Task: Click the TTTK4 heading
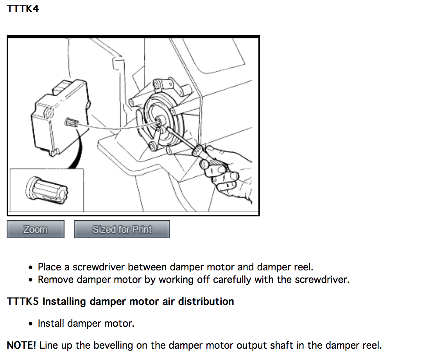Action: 23,9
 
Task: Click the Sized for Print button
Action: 122,229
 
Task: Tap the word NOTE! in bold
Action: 22,345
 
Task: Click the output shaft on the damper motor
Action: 72,122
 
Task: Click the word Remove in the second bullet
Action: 56,279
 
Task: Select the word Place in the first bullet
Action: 49,267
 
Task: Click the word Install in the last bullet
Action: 51,323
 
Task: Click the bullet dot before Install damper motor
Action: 31,324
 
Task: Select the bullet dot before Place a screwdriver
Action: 31,267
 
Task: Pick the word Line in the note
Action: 49,345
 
